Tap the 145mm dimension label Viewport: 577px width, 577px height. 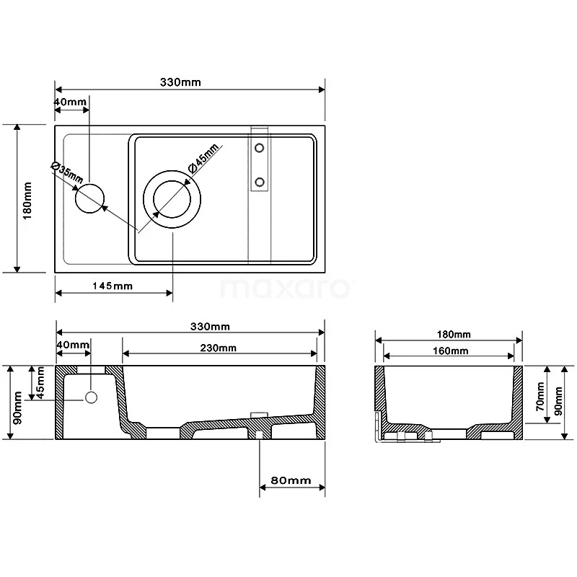[x=113, y=286]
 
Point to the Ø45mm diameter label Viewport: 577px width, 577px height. [x=203, y=159]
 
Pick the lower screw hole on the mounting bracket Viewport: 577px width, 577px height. [x=260, y=181]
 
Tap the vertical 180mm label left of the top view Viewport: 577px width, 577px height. [x=27, y=200]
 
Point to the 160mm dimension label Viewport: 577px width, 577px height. [x=449, y=351]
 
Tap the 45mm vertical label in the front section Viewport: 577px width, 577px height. [x=42, y=383]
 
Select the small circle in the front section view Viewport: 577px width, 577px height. [x=92, y=397]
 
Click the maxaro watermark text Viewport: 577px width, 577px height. [x=284, y=288]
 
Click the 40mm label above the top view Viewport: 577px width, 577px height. [x=71, y=102]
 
